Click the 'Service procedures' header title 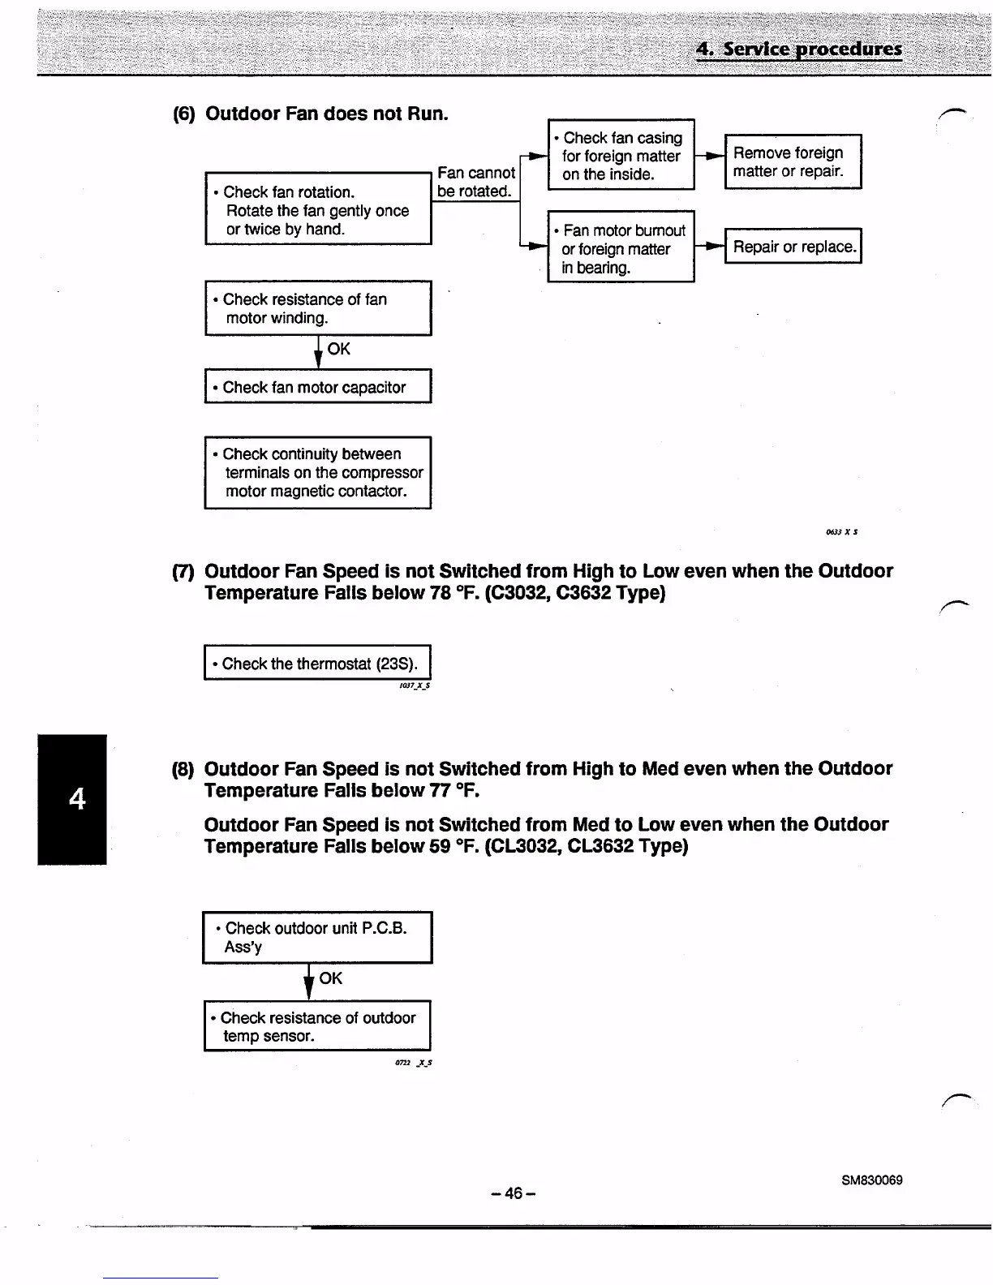click(x=799, y=49)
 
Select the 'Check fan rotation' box click(x=318, y=209)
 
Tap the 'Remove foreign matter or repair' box click(x=793, y=161)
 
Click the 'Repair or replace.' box click(x=793, y=247)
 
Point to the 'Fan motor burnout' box click(x=621, y=247)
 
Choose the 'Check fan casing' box click(x=621, y=155)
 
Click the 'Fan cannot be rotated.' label click(x=475, y=182)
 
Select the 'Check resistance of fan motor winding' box click(x=318, y=308)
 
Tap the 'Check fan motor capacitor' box click(x=318, y=387)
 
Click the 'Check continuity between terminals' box click(x=318, y=472)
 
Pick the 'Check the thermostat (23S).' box click(x=318, y=663)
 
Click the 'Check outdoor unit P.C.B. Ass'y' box click(x=318, y=937)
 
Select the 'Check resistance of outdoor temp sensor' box click(x=318, y=1026)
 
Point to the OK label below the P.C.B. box click(x=331, y=978)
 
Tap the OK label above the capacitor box click(x=339, y=349)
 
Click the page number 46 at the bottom click(x=514, y=1193)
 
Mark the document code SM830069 click(x=872, y=1180)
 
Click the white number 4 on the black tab click(x=77, y=799)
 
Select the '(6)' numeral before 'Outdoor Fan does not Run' click(x=184, y=114)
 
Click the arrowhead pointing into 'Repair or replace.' click(x=715, y=246)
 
